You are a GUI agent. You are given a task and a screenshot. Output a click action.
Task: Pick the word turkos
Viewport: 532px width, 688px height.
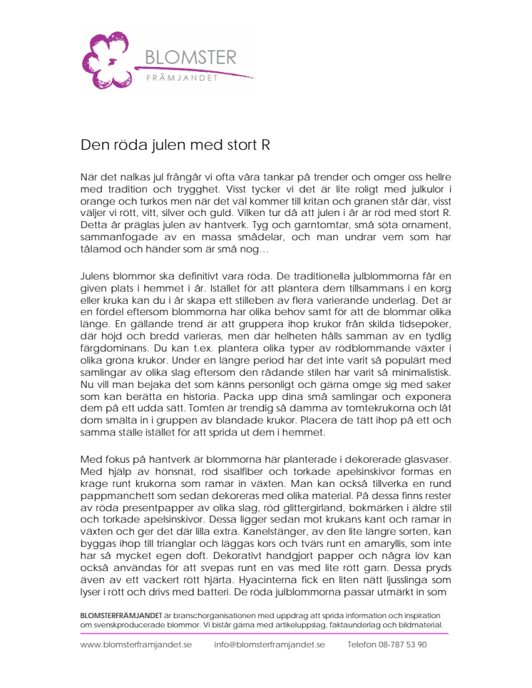click(146, 202)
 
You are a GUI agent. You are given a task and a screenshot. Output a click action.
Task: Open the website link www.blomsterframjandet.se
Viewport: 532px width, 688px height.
click(136, 645)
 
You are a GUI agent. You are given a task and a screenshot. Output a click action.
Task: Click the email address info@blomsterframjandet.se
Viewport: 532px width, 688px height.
click(270, 645)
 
